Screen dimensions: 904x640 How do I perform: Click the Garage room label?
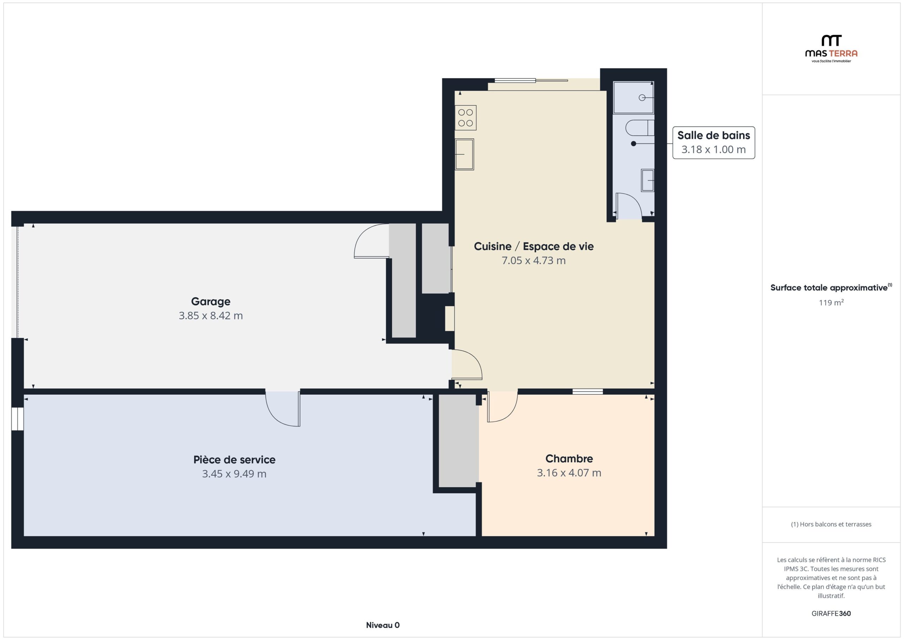click(211, 301)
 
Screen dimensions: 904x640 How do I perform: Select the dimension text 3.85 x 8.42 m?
click(211, 316)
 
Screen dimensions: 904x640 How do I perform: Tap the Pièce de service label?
click(234, 459)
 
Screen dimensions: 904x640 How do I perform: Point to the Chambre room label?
click(569, 458)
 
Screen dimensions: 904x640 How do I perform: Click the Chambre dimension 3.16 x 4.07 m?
click(569, 472)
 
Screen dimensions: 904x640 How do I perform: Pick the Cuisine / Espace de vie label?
click(534, 246)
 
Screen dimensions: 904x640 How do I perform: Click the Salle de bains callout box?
click(713, 143)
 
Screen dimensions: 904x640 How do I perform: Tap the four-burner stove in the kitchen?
click(465, 118)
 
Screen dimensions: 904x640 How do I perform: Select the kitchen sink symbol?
click(465, 154)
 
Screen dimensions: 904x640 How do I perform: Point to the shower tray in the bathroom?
click(633, 97)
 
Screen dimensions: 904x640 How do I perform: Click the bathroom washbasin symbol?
click(648, 180)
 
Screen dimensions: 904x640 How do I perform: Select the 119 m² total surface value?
click(831, 302)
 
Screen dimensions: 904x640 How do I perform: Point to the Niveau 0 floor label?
click(383, 625)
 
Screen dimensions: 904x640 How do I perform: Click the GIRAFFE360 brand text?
click(831, 613)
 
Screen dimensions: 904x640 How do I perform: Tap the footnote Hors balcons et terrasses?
click(831, 524)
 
